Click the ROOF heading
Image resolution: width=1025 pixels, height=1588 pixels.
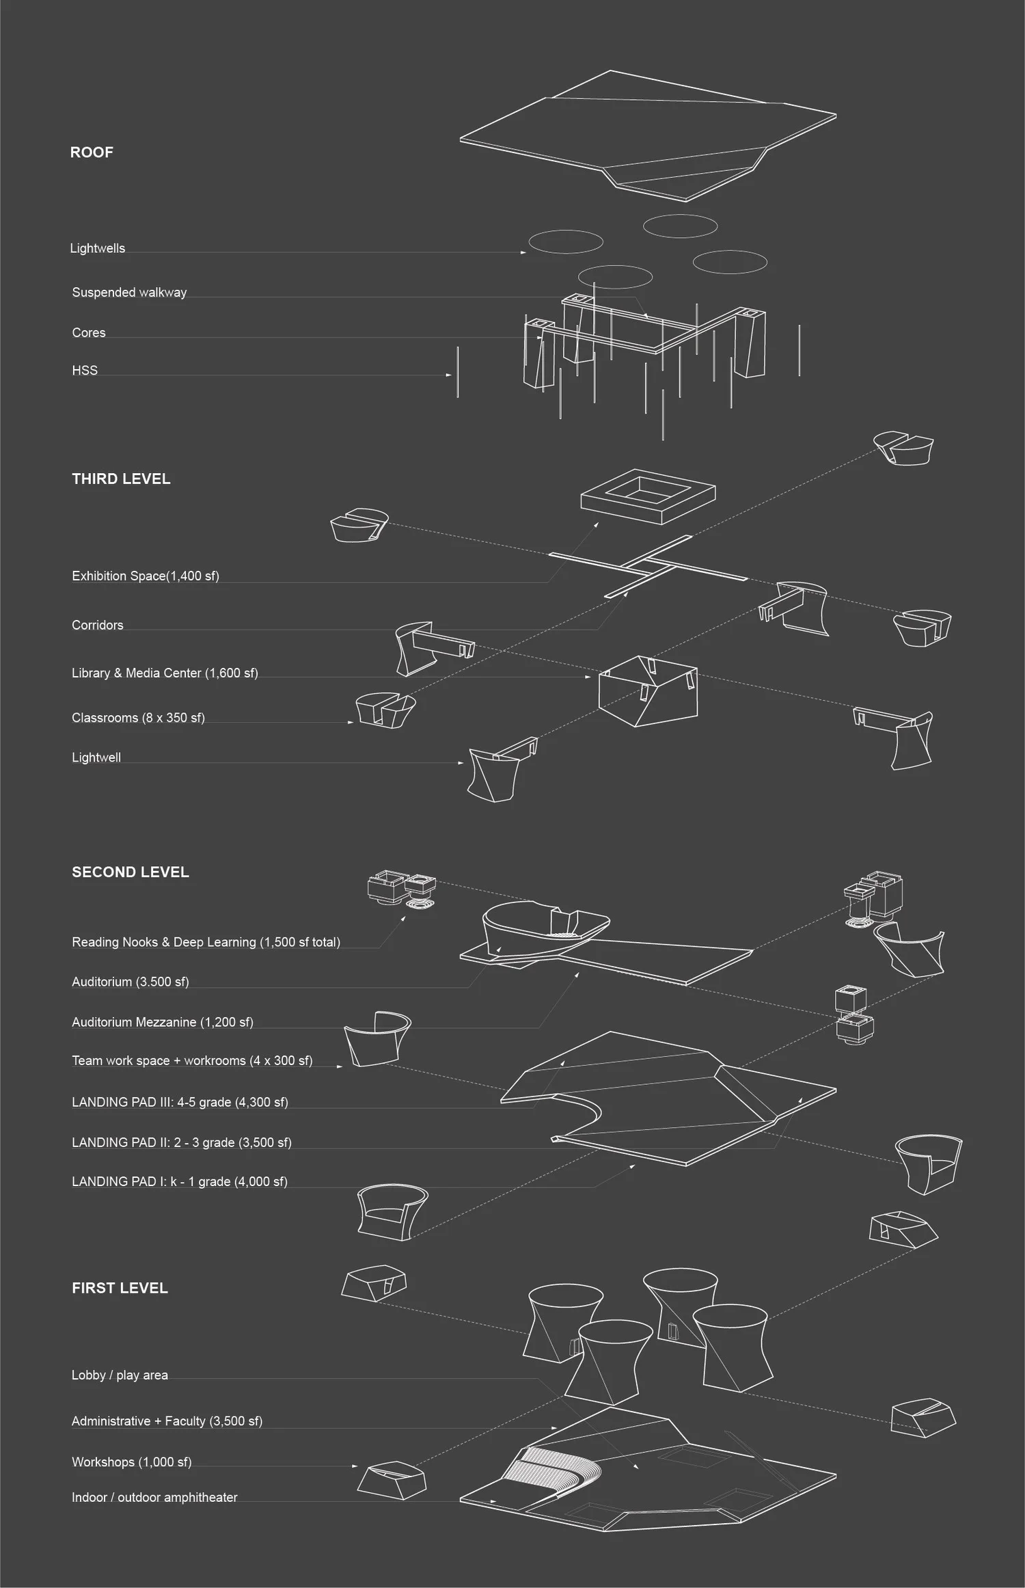(x=92, y=152)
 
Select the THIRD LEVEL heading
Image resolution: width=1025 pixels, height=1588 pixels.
(x=121, y=479)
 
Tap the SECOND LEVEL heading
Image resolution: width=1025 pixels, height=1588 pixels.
(x=130, y=872)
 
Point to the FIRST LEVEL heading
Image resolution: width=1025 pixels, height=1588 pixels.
(x=120, y=1288)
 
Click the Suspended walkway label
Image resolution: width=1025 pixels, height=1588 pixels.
(x=129, y=293)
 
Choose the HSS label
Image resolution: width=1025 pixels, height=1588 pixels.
(x=85, y=371)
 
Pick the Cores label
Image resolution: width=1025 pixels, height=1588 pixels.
(x=89, y=333)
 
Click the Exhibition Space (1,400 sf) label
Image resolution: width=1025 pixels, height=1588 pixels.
(x=145, y=576)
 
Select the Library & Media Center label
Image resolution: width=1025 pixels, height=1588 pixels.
(x=165, y=673)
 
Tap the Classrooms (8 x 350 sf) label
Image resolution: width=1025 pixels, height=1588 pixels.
(x=138, y=718)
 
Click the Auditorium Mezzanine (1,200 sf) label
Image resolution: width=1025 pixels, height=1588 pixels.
(x=162, y=1022)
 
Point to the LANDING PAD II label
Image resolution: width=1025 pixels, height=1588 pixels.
(x=181, y=1142)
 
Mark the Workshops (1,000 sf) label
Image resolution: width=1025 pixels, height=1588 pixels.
(x=131, y=1462)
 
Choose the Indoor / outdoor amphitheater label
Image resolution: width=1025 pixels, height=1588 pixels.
(x=154, y=1497)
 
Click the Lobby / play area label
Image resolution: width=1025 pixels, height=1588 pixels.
(x=120, y=1375)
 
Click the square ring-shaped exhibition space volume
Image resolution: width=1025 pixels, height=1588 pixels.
(x=647, y=496)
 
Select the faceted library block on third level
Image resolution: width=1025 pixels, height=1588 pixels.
(x=648, y=692)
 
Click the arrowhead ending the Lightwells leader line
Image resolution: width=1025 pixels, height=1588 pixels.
(x=524, y=252)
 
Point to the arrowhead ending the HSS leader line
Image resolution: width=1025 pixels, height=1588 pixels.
(x=449, y=375)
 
